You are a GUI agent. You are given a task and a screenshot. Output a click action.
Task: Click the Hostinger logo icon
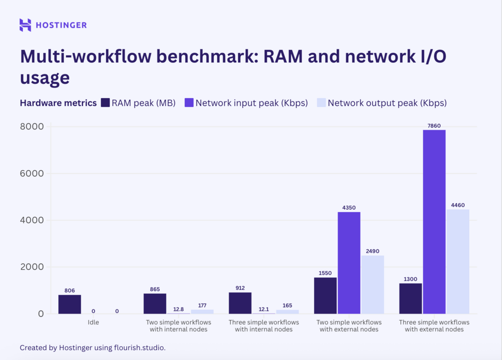pos(25,25)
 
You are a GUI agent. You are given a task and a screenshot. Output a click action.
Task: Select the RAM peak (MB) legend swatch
pos(105,103)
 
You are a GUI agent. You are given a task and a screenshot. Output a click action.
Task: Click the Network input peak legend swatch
pos(189,103)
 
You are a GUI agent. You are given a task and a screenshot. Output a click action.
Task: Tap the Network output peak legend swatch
pos(321,103)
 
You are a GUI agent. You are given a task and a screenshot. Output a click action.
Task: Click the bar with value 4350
pos(349,263)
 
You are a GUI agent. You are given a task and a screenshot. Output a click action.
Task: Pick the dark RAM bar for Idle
pos(70,304)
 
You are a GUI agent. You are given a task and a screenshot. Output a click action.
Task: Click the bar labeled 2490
pos(372,284)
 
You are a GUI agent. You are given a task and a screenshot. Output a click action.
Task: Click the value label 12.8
pos(178,309)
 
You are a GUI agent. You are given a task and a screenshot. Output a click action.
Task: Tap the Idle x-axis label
pos(93,322)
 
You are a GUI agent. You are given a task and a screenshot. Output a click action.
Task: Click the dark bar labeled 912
pos(240,303)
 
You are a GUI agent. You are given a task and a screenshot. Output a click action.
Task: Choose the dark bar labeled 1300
pos(410,299)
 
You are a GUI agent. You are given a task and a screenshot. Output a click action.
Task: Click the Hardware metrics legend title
pos(58,103)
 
